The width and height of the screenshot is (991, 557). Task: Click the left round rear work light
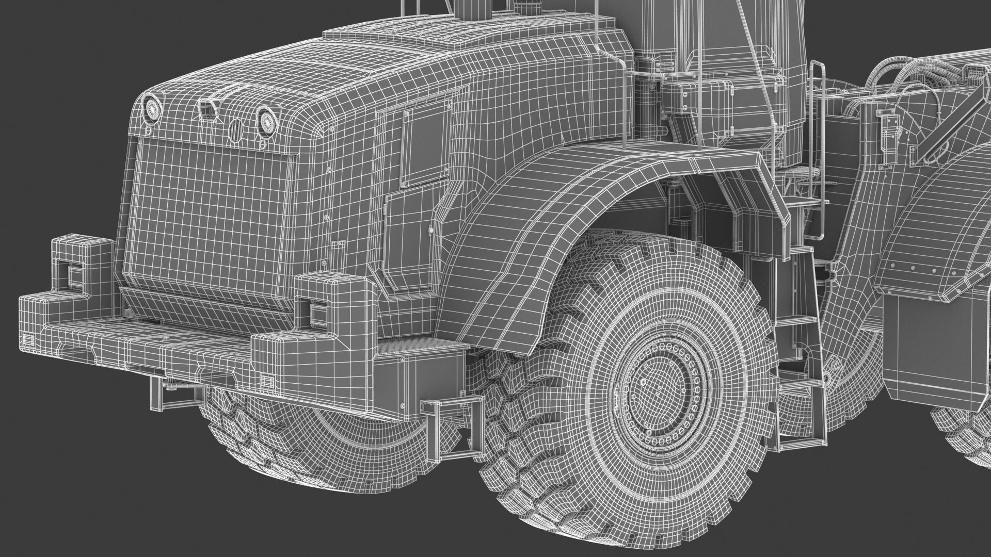pos(153,108)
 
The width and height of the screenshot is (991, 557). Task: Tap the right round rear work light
pos(267,121)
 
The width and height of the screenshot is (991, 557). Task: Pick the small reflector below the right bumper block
pos(267,380)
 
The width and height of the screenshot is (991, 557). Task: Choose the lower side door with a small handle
pos(410,237)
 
